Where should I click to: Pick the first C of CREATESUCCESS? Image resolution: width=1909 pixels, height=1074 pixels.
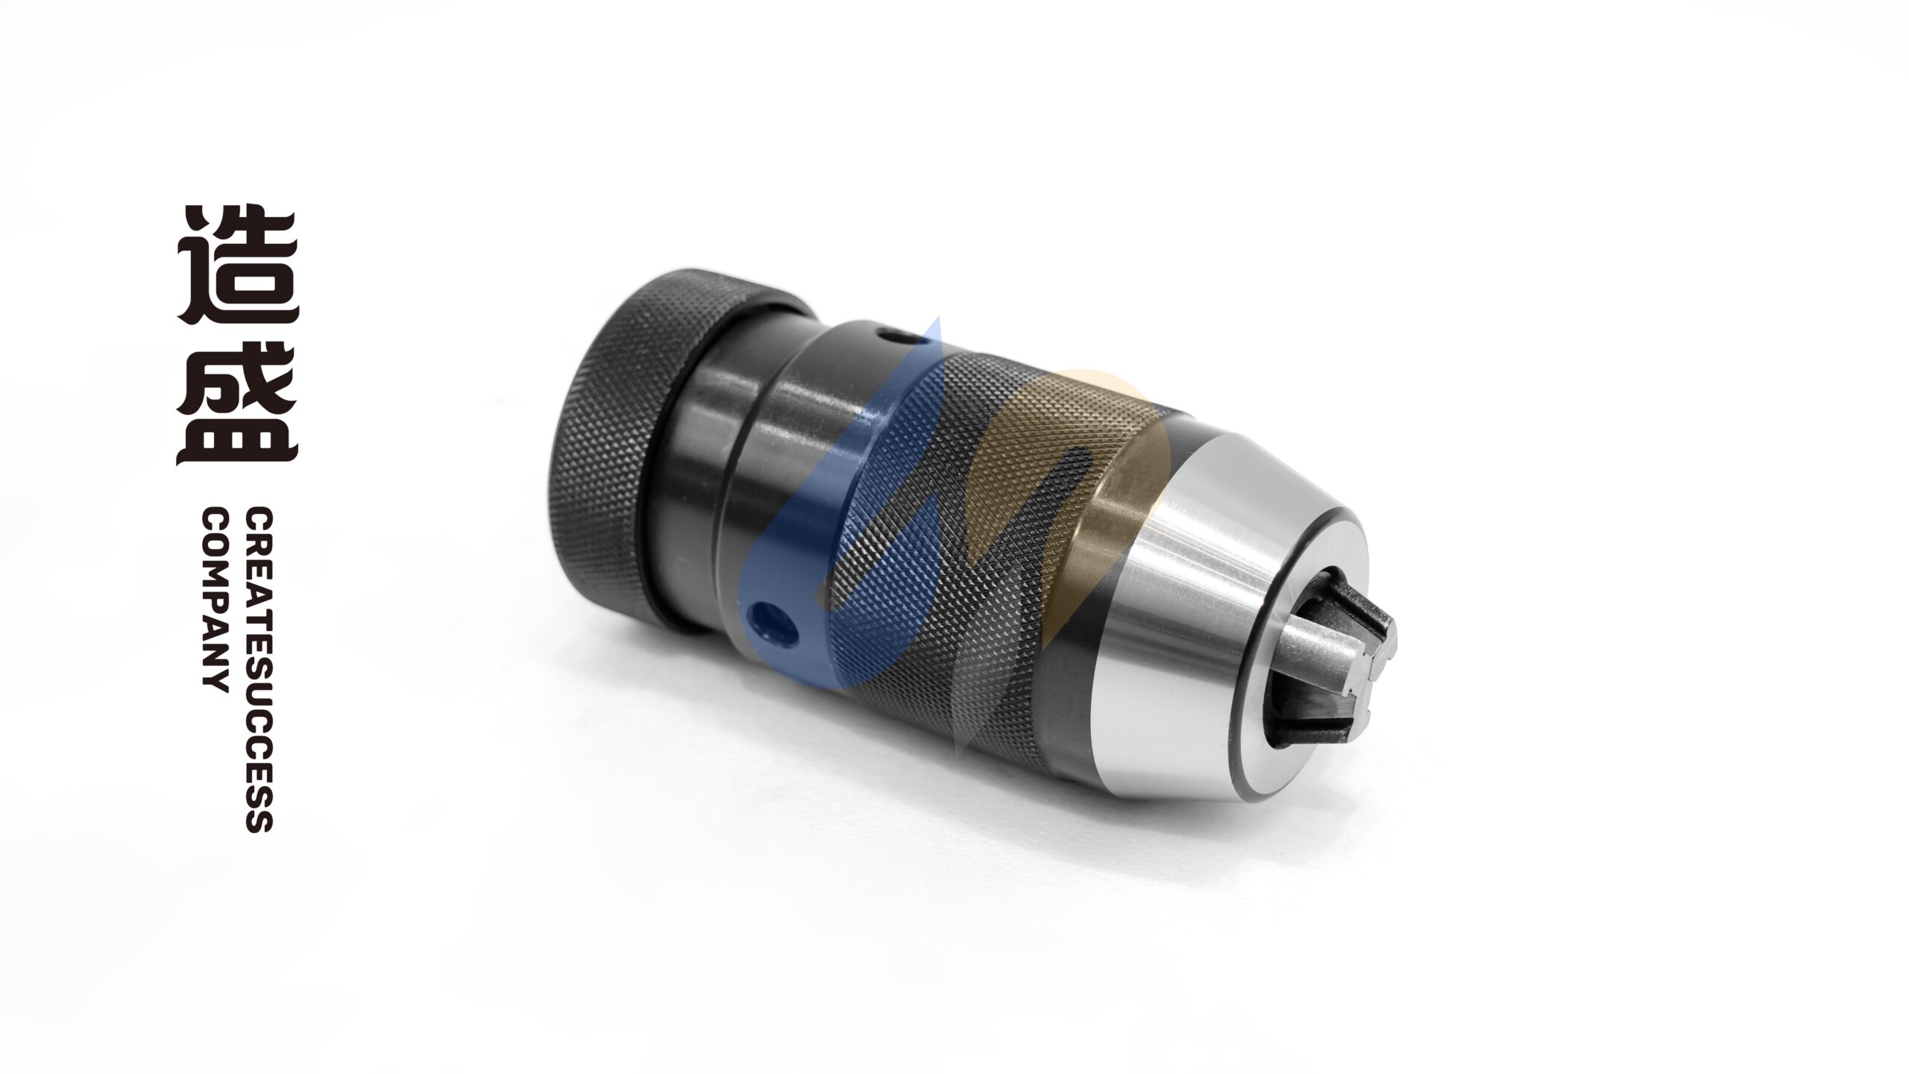click(x=258, y=519)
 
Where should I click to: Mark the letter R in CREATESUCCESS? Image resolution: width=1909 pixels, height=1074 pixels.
click(x=258, y=544)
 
